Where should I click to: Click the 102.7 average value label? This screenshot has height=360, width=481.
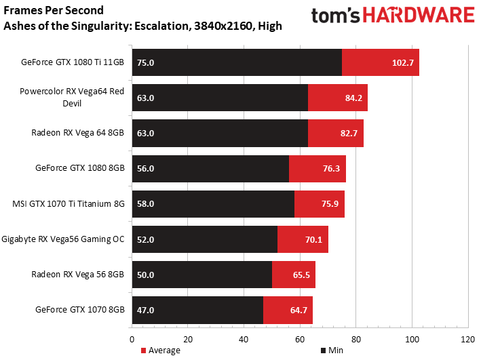click(403, 63)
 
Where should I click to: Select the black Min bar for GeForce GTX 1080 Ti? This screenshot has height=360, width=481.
click(237, 62)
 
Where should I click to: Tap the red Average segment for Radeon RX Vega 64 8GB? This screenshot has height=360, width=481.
click(336, 133)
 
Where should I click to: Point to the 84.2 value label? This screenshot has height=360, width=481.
click(353, 98)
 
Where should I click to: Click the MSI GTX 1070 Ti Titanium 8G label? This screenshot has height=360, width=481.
click(69, 204)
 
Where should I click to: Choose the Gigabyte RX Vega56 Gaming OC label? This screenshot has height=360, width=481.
click(63, 239)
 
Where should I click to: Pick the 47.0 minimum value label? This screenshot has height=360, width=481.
click(145, 311)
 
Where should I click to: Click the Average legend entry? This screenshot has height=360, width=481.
click(160, 351)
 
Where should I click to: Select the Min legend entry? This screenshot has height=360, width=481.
click(332, 351)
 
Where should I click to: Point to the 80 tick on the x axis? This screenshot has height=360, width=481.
click(356, 340)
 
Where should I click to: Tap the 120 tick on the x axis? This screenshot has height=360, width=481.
click(468, 340)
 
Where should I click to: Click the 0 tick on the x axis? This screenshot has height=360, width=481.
click(132, 340)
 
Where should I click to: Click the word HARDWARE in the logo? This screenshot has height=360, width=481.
click(419, 16)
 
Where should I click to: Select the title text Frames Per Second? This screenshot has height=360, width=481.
click(54, 10)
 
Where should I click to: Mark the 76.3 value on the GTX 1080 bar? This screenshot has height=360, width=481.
click(331, 169)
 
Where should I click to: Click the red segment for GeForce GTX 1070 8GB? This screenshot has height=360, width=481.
click(288, 310)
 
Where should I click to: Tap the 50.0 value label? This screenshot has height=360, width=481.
click(145, 275)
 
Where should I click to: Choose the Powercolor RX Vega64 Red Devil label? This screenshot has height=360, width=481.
click(72, 97)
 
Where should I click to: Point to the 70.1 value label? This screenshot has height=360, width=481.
click(313, 239)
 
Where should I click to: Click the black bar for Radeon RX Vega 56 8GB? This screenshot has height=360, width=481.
click(202, 275)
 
